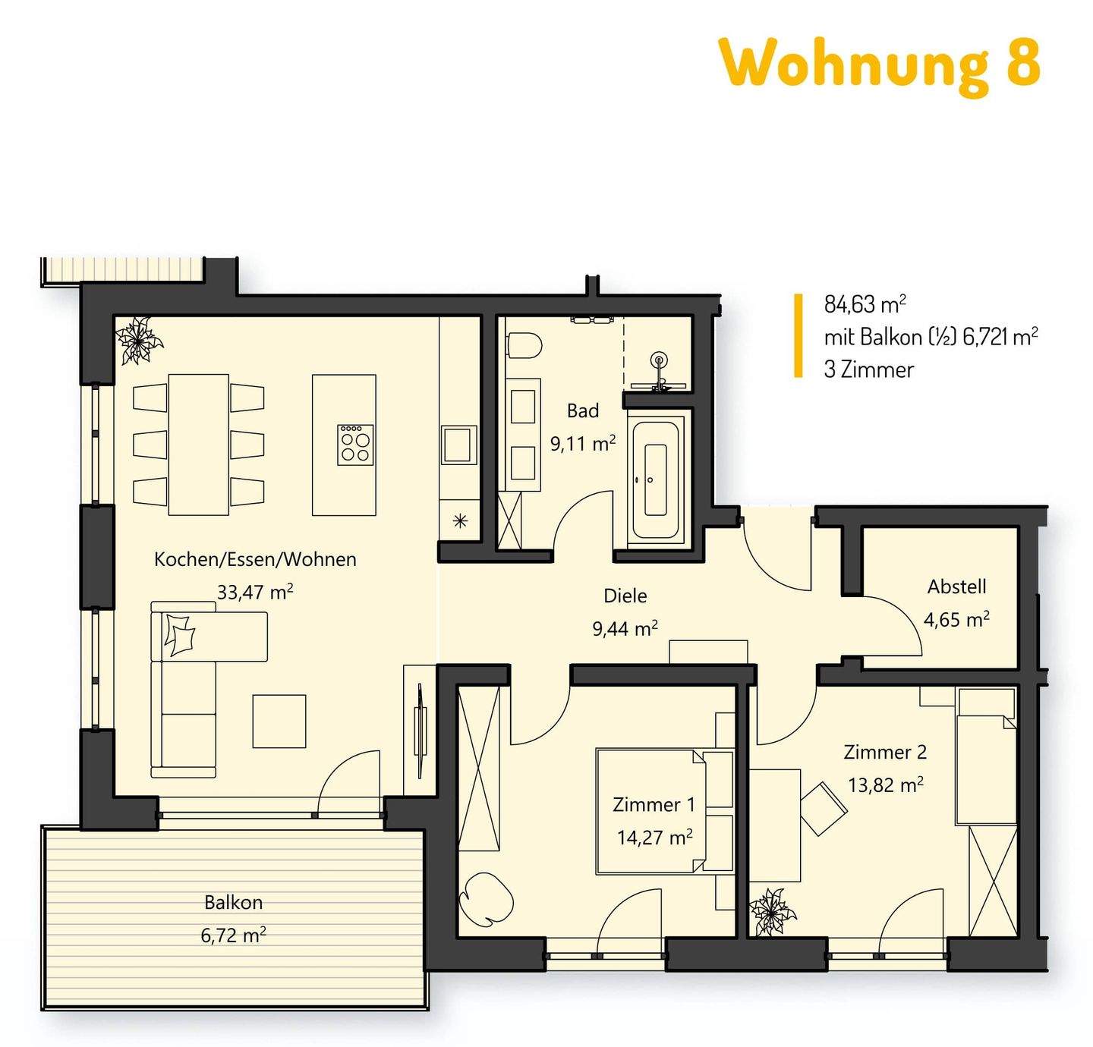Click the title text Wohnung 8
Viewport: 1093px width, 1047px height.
[879, 64]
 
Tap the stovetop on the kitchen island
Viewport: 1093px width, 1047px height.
[355, 445]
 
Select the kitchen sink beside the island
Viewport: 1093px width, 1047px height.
[459, 445]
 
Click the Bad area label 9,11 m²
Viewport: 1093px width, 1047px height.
[582, 444]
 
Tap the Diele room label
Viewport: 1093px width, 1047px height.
[625, 596]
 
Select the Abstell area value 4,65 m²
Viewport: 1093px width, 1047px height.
[956, 620]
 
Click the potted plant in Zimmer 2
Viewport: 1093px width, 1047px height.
[772, 911]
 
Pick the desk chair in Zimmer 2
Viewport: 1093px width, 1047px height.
[824, 809]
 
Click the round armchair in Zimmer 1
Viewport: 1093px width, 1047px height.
[486, 898]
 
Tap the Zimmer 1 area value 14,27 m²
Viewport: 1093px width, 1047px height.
[654, 838]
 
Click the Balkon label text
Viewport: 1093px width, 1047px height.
[233, 902]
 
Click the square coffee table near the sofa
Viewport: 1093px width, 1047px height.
[279, 721]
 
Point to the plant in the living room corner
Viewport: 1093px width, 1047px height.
[138, 341]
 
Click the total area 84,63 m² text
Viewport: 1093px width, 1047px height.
[865, 304]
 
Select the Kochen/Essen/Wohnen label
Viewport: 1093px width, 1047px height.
[255, 559]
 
